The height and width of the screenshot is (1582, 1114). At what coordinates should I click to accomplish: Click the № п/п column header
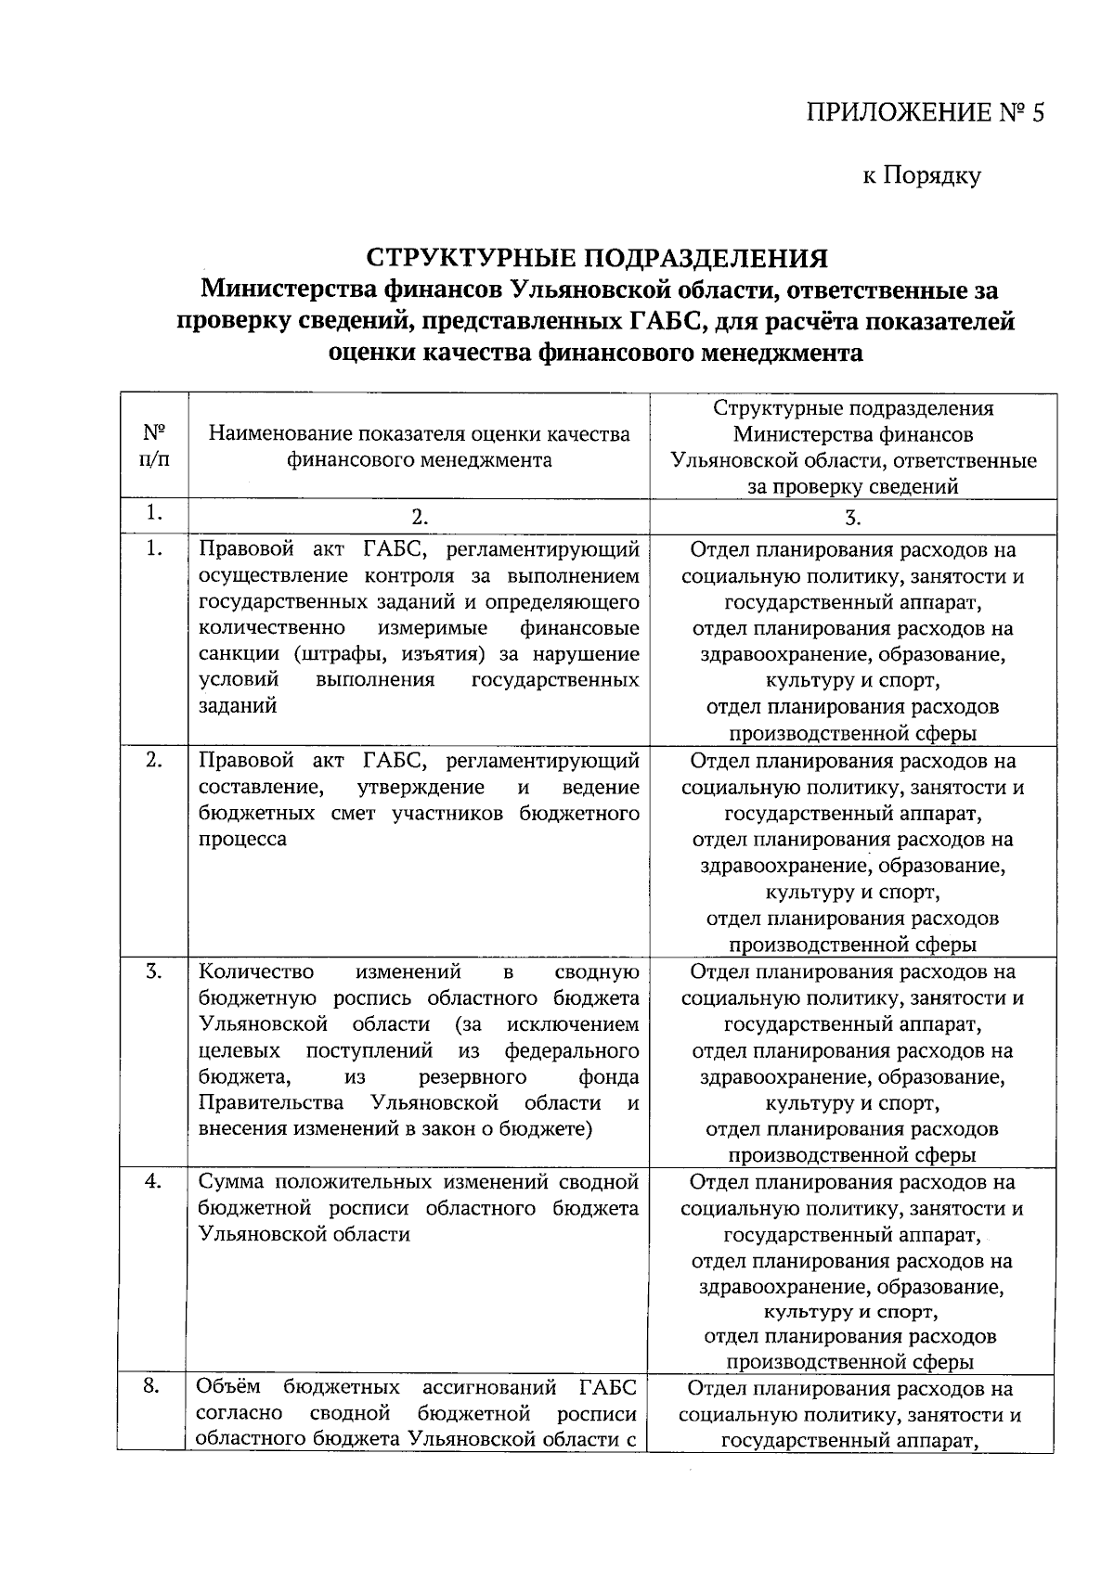pos(154,446)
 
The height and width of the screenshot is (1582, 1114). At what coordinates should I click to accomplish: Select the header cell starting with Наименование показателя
pos(419,446)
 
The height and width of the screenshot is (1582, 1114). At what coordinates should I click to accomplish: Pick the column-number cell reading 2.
pos(419,516)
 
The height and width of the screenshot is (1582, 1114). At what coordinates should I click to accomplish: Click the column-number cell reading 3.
pos(852,518)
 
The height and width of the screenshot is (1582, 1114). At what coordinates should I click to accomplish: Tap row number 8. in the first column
pos(153,1386)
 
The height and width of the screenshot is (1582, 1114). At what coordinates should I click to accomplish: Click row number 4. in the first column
pos(153,1181)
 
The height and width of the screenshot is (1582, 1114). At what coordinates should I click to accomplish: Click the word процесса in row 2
pos(242,839)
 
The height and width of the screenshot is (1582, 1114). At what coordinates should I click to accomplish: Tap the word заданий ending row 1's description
pos(238,705)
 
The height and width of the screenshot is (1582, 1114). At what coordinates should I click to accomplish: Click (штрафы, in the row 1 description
pos(343,654)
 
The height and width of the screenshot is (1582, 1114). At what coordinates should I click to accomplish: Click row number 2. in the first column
pos(153,760)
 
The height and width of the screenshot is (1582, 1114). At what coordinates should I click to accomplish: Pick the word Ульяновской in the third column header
pos(734,460)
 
